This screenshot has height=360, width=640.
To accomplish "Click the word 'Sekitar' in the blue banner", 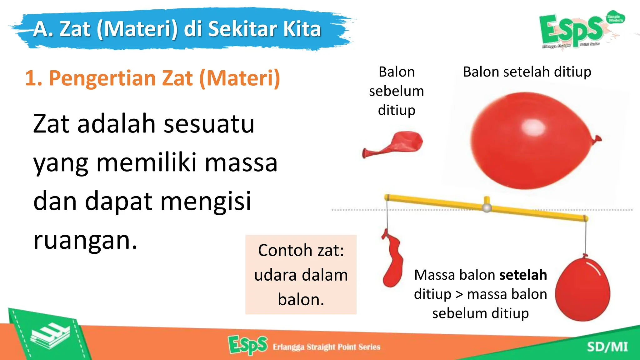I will [242, 29].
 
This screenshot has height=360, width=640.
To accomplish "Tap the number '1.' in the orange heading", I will [33, 78].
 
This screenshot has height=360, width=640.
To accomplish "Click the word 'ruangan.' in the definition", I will [85, 240].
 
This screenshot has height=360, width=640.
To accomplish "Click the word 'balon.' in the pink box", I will [301, 299].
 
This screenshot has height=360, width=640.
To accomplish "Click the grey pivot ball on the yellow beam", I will [487, 207].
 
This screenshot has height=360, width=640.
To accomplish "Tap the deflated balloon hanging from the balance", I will [392, 259].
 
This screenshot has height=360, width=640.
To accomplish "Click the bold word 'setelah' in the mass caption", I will [523, 275].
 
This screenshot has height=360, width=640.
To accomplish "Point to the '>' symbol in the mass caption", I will [459, 294].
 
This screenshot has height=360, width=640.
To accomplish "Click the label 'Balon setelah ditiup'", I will [527, 72].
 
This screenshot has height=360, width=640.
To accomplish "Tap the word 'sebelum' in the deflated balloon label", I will [396, 91].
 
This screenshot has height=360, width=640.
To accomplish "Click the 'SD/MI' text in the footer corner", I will [607, 347].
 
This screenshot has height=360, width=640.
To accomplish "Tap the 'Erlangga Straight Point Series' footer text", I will [326, 347].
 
